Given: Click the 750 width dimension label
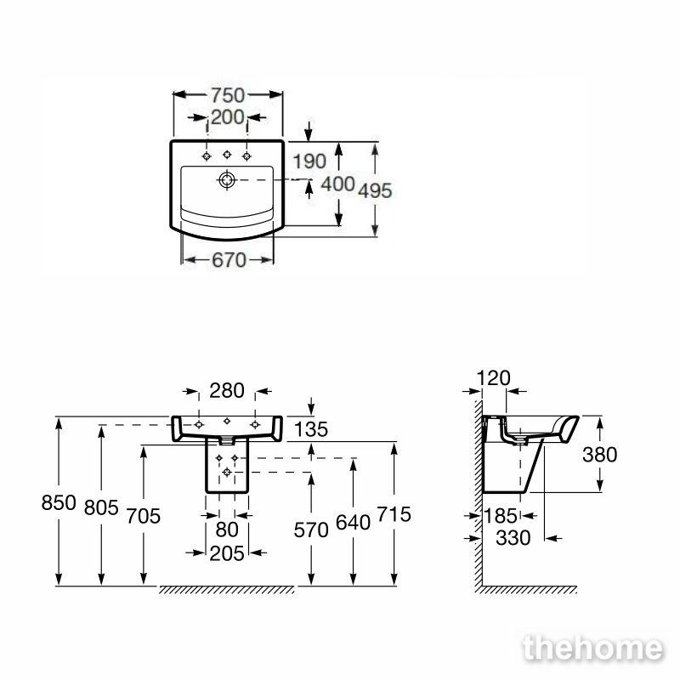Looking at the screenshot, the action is click(x=228, y=95).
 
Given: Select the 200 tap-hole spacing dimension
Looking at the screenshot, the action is click(x=228, y=117).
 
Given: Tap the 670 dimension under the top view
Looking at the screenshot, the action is click(x=229, y=260).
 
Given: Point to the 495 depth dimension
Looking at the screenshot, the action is click(x=375, y=190).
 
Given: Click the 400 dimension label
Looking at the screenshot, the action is click(x=337, y=184).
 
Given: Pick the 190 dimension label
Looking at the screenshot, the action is click(x=309, y=161).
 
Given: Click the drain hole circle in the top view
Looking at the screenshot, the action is click(x=227, y=179).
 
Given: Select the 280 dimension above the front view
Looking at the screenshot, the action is click(x=227, y=391).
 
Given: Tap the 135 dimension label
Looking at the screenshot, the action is click(x=311, y=430).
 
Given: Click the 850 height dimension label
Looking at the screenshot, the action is click(x=59, y=502).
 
